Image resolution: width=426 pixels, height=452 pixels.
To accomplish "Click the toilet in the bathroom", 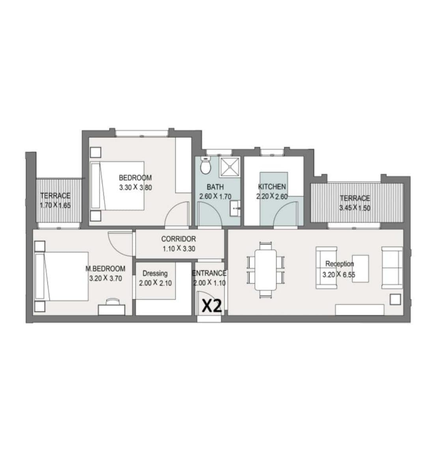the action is point(206,166).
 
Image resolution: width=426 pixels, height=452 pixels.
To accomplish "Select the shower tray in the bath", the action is point(230,167).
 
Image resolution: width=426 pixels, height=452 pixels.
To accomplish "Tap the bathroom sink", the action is point(235,208).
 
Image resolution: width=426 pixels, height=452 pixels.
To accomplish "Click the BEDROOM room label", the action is point(135,178).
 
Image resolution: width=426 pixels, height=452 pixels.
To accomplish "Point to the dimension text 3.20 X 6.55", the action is point(339,274).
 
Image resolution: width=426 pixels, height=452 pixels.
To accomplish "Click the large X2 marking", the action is point(212,306).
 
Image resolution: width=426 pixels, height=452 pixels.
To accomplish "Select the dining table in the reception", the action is point(265,270).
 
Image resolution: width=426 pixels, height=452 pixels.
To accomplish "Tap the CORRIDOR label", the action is point(178,239).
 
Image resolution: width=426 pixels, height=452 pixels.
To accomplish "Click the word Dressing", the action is point(155,273).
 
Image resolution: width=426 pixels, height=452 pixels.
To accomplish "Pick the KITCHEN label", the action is point(272,186).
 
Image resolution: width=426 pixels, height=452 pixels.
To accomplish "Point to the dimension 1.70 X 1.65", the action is point(55,205).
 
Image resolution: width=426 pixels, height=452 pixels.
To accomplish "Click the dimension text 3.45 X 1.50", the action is point(355,208).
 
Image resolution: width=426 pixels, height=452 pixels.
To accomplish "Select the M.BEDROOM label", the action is point(105,269).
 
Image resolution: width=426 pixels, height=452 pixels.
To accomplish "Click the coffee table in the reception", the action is point(360,269).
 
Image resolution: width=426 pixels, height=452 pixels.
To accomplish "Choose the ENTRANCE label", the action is point(209,273).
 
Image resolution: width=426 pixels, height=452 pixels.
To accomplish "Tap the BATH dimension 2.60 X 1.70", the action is point(215,197).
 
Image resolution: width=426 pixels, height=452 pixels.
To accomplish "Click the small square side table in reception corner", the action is point(395,299).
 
